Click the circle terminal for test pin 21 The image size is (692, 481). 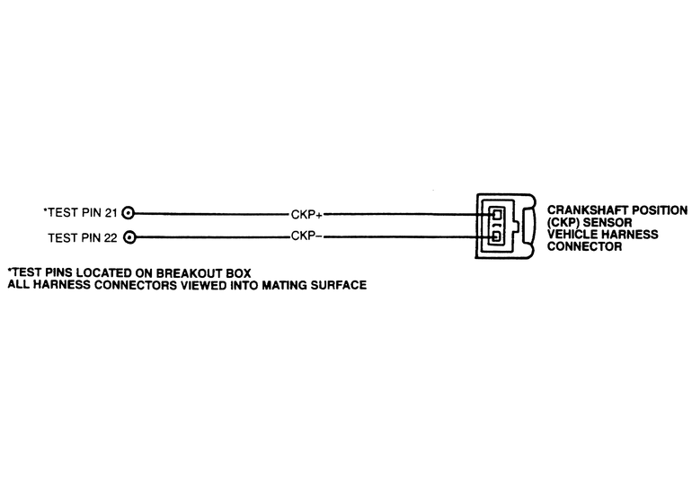coord(129,214)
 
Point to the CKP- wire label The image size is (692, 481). coord(308,238)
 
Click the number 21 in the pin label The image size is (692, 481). coord(111,214)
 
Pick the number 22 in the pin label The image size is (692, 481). coord(111,238)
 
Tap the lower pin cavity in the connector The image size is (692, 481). coord(495,237)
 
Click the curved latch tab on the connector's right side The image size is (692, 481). coord(530,227)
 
